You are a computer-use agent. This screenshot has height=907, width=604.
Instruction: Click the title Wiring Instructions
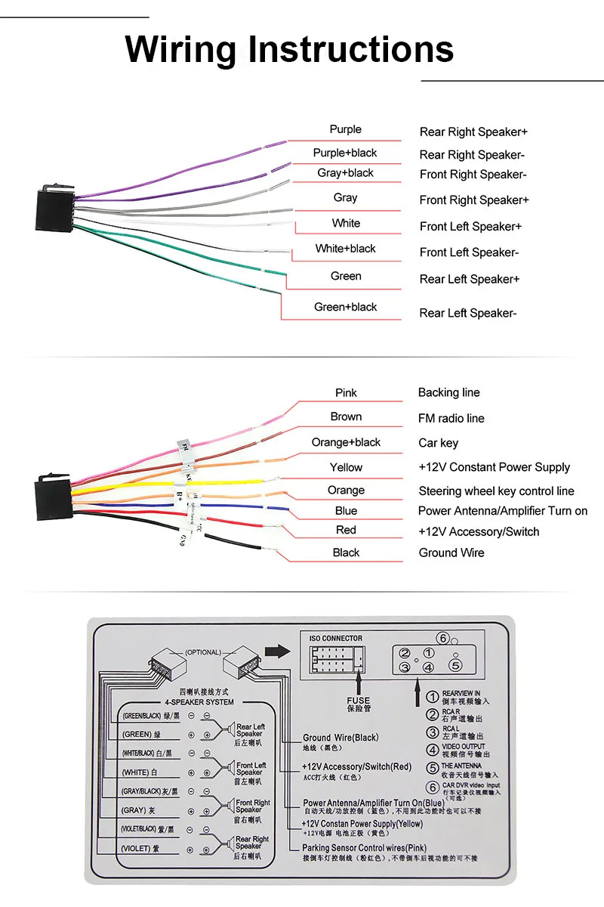pyautogui.click(x=289, y=49)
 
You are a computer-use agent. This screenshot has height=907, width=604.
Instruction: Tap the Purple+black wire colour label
pyautogui.click(x=345, y=153)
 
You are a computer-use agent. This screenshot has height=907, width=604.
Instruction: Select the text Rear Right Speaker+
pyautogui.click(x=473, y=132)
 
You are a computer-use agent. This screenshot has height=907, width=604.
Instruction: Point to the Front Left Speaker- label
pyautogui.click(x=469, y=252)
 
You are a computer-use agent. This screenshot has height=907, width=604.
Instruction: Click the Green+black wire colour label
pyautogui.click(x=345, y=307)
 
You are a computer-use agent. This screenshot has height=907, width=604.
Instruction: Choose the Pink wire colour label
pyautogui.click(x=346, y=392)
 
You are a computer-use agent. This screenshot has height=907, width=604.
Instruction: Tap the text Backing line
pyautogui.click(x=448, y=392)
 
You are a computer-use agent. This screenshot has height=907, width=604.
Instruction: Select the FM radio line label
pyautogui.click(x=451, y=418)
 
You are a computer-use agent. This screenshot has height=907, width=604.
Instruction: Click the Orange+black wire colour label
pyautogui.click(x=346, y=442)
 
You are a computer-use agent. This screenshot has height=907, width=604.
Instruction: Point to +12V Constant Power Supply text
pyautogui.click(x=494, y=467)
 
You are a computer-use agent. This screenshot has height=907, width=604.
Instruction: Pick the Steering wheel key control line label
pyautogui.click(x=496, y=491)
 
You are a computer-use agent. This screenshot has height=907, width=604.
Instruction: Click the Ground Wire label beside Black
pyautogui.click(x=451, y=553)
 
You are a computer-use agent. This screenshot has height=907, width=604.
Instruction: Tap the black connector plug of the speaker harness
pyautogui.click(x=54, y=206)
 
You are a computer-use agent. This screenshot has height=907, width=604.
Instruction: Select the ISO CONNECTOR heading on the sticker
pyautogui.click(x=336, y=639)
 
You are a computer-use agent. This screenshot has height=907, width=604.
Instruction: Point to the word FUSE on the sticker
pyautogui.click(x=359, y=701)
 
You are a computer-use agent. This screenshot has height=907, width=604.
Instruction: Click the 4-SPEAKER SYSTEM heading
pyautogui.click(x=199, y=702)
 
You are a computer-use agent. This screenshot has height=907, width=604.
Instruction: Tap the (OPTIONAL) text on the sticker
pyautogui.click(x=203, y=652)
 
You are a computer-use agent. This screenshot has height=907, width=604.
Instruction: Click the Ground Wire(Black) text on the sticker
pyautogui.click(x=341, y=738)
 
